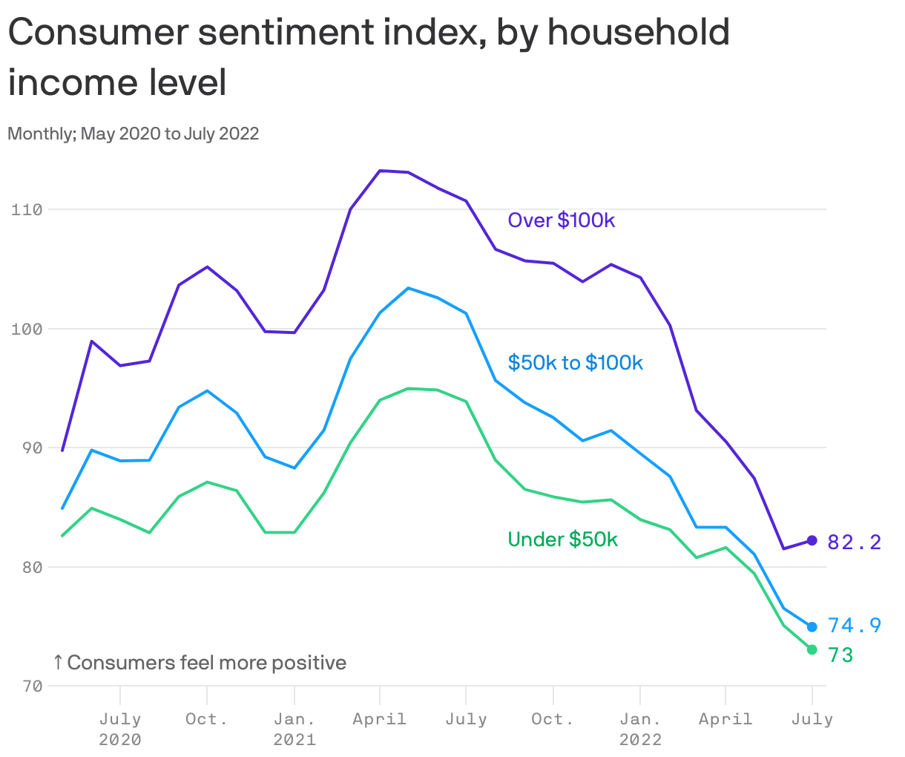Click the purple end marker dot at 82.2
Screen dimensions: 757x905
812,541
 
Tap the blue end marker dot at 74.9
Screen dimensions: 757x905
812,627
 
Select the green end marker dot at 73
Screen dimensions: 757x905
812,649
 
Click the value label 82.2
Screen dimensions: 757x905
854,543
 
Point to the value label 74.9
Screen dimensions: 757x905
854,626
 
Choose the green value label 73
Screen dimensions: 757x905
840,655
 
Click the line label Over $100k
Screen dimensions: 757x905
561,220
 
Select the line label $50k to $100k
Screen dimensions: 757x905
575,362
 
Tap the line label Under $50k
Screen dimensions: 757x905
562,540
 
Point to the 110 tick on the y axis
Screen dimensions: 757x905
27,210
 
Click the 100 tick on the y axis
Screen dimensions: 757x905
27,329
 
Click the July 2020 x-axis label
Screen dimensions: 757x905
120,729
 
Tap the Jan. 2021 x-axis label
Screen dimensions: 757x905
294,729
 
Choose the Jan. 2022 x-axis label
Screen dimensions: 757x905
640,729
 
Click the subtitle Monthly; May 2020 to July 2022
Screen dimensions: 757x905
134,134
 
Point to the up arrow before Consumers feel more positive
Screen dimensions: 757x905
58,662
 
